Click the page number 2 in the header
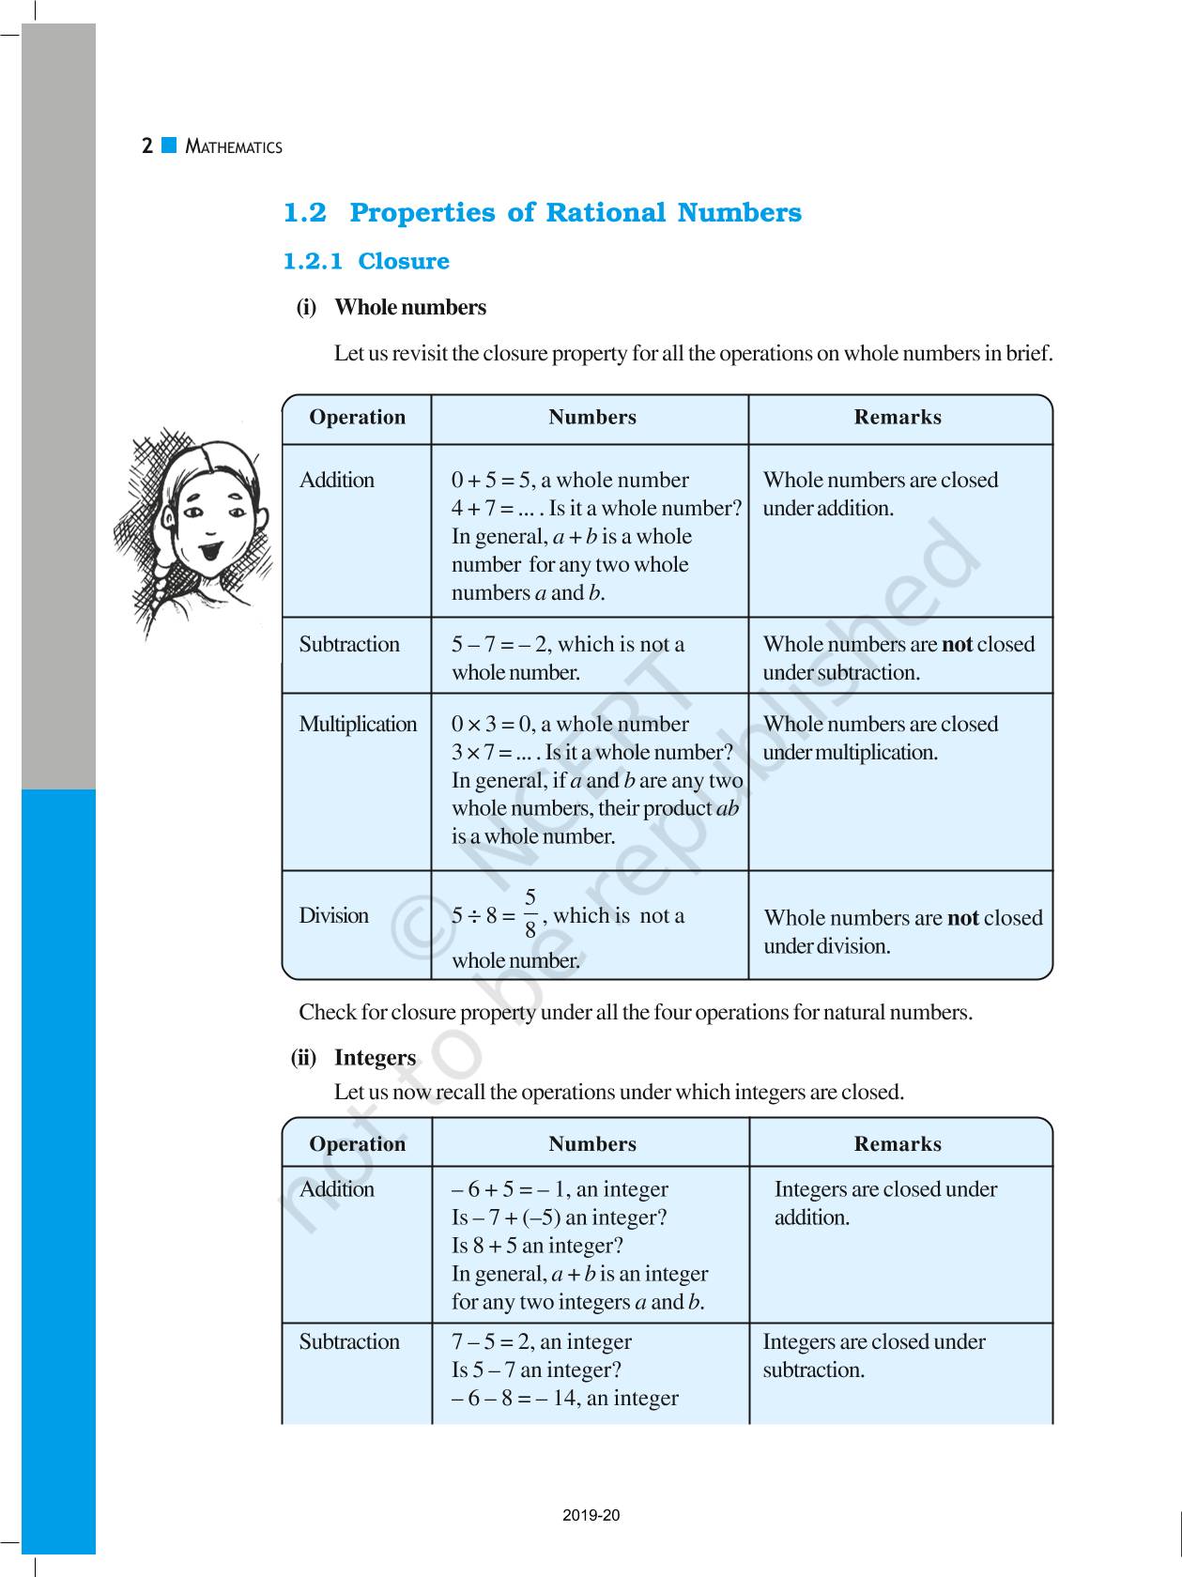click(147, 146)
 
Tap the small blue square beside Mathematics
click(169, 145)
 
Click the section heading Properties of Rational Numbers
click(575, 213)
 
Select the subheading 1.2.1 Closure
click(366, 261)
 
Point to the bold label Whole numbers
click(410, 307)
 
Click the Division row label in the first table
click(333, 915)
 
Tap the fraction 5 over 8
click(530, 913)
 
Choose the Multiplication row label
click(358, 724)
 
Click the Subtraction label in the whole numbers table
click(349, 644)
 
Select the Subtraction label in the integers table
click(349, 1341)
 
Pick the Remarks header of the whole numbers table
click(898, 418)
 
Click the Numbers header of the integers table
click(592, 1143)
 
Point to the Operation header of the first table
click(357, 418)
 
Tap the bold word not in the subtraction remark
click(957, 644)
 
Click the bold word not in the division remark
click(963, 918)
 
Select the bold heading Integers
click(375, 1057)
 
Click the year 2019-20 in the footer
click(591, 1515)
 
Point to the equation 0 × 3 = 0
click(492, 724)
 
